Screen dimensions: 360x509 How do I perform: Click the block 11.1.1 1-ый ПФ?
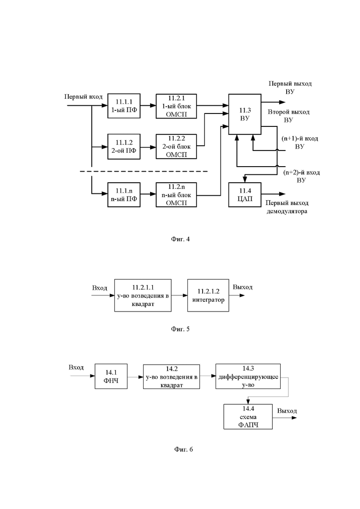pos(124,106)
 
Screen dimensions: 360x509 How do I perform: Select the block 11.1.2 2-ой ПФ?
pos(124,147)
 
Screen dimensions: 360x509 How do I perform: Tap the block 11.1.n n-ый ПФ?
pos(124,195)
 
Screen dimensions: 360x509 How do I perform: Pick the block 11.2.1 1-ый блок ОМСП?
pos(176,106)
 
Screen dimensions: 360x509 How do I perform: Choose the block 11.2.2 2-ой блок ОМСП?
pos(176,146)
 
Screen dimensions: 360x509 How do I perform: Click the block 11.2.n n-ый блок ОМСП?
pos(176,195)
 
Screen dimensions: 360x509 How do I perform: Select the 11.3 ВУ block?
pos(245,114)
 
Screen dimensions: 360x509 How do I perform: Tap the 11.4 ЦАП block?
pos(245,195)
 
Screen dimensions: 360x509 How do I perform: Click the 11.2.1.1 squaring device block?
pos(143,295)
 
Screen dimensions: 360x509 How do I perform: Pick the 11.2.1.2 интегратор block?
pos(208,295)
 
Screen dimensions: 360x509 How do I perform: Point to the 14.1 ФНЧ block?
pos(111,376)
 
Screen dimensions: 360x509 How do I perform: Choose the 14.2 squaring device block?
pos(171,376)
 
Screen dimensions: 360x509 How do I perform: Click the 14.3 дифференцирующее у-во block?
pos(248,376)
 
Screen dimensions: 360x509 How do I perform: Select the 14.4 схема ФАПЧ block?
pos(248,417)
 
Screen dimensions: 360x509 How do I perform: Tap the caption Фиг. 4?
pos(180,239)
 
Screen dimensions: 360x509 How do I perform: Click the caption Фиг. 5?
pos(180,329)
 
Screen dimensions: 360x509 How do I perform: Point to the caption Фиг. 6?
pos(183,449)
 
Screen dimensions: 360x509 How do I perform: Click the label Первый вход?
pos(84,97)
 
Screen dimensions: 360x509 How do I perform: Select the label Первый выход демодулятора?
pos(287,207)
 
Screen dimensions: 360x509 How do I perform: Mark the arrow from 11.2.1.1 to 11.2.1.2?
pos(180,295)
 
